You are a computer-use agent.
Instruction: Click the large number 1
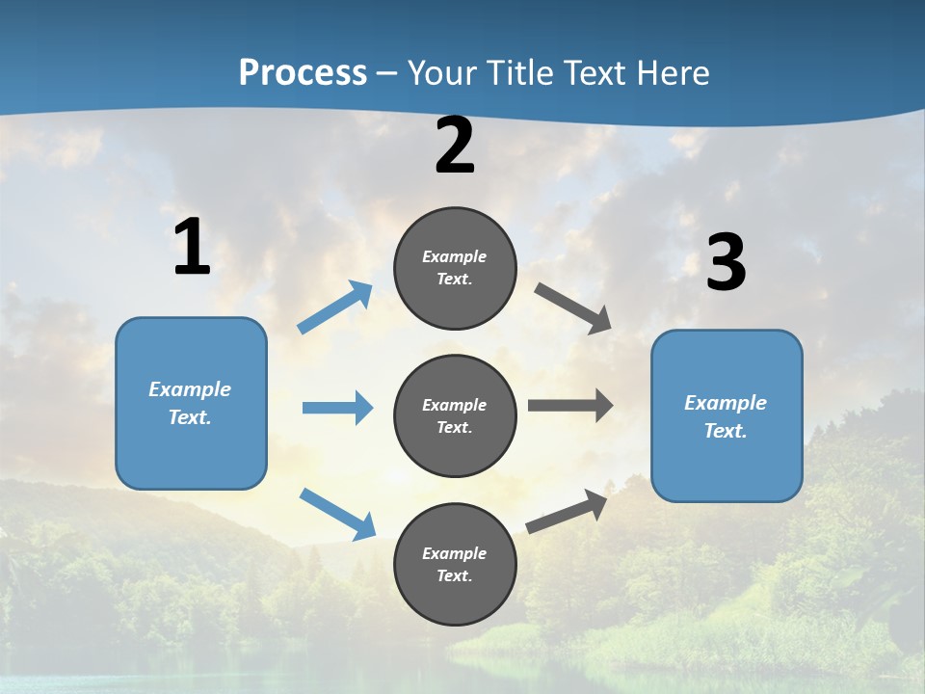(x=192, y=248)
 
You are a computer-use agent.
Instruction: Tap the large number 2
(x=455, y=146)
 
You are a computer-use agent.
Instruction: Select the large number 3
(x=726, y=263)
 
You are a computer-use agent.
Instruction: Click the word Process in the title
(x=303, y=72)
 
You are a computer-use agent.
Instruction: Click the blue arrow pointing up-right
(x=335, y=307)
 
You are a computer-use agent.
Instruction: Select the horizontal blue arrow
(x=337, y=408)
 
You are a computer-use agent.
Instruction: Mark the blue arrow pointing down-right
(x=337, y=514)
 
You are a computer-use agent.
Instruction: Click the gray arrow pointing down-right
(x=573, y=308)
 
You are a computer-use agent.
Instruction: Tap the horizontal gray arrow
(x=570, y=406)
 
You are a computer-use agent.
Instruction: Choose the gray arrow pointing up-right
(x=567, y=512)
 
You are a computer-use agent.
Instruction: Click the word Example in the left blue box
(x=190, y=389)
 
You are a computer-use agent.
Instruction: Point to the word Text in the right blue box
(x=725, y=431)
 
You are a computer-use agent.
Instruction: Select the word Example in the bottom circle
(x=454, y=553)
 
